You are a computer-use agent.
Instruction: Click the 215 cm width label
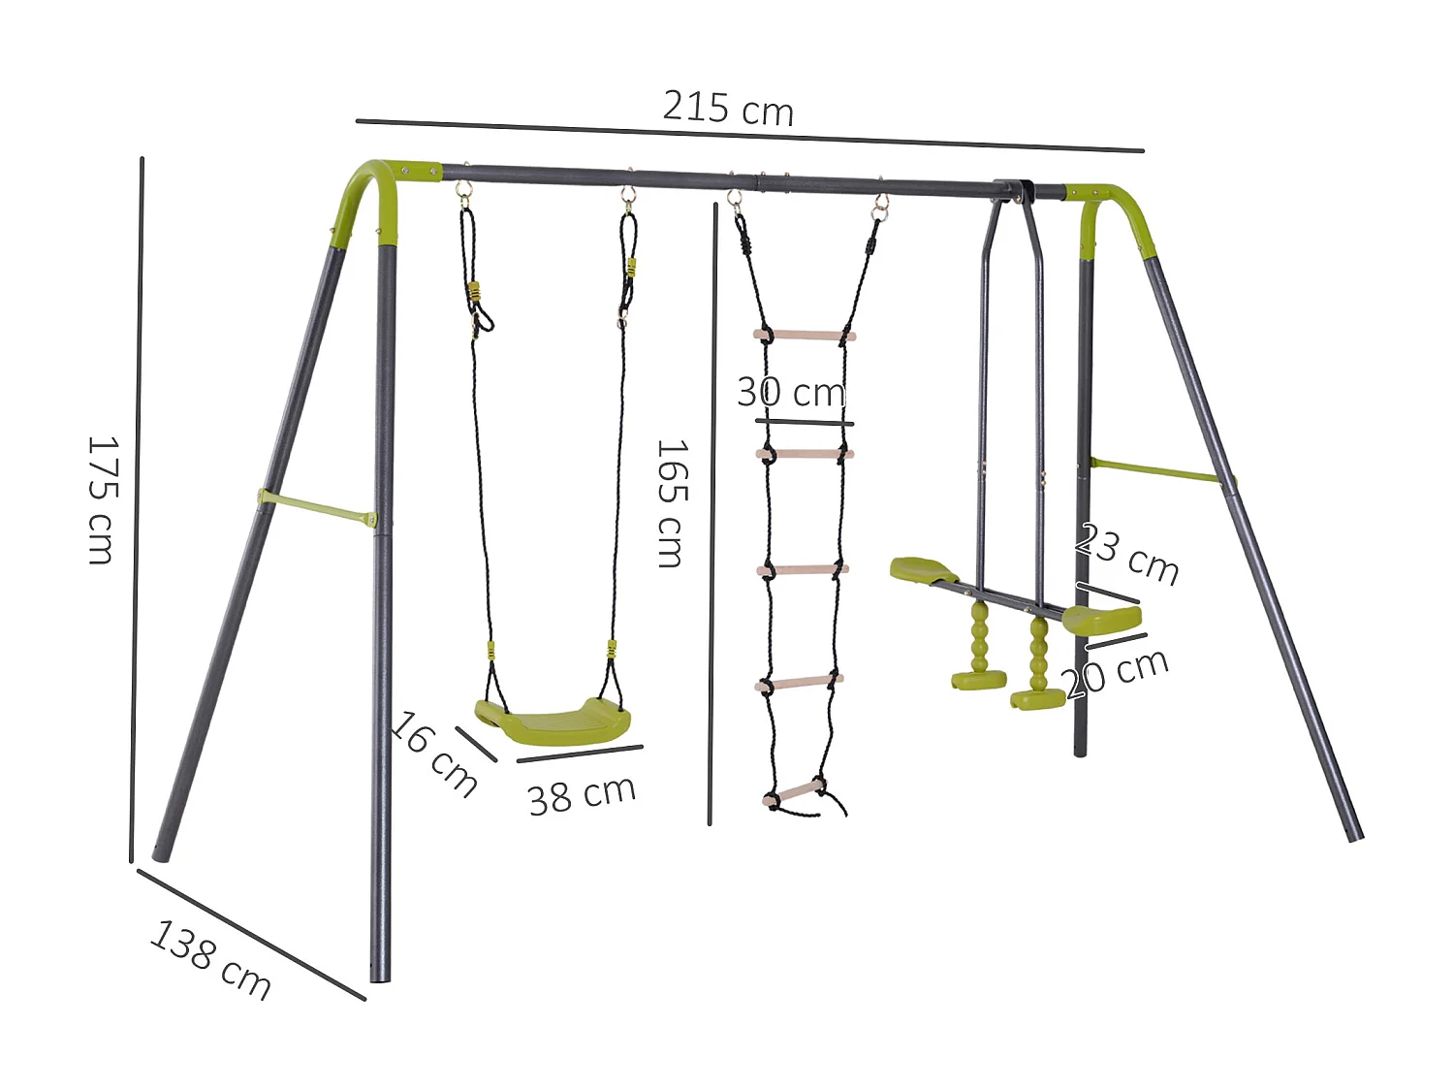pyautogui.click(x=728, y=107)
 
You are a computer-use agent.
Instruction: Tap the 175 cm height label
pyautogui.click(x=101, y=500)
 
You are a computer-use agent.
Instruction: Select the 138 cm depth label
pyautogui.click(x=210, y=959)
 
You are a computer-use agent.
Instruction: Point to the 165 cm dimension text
pyautogui.click(x=671, y=503)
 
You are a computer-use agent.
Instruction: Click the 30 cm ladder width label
pyautogui.click(x=791, y=392)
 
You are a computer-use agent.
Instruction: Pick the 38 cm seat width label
pyautogui.click(x=582, y=795)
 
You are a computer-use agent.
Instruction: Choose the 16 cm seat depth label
pyautogui.click(x=434, y=754)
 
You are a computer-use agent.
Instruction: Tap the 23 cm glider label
pyautogui.click(x=1127, y=554)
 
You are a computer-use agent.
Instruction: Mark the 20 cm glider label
pyautogui.click(x=1118, y=672)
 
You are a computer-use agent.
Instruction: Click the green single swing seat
pyautogui.click(x=553, y=721)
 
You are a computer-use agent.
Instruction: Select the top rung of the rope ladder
pyautogui.click(x=805, y=336)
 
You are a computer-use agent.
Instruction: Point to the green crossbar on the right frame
pyautogui.click(x=1159, y=470)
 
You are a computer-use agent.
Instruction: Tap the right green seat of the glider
pyautogui.click(x=1101, y=618)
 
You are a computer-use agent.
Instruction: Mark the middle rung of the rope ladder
pyautogui.click(x=802, y=570)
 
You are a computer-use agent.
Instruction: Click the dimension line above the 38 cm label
pyautogui.click(x=580, y=754)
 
